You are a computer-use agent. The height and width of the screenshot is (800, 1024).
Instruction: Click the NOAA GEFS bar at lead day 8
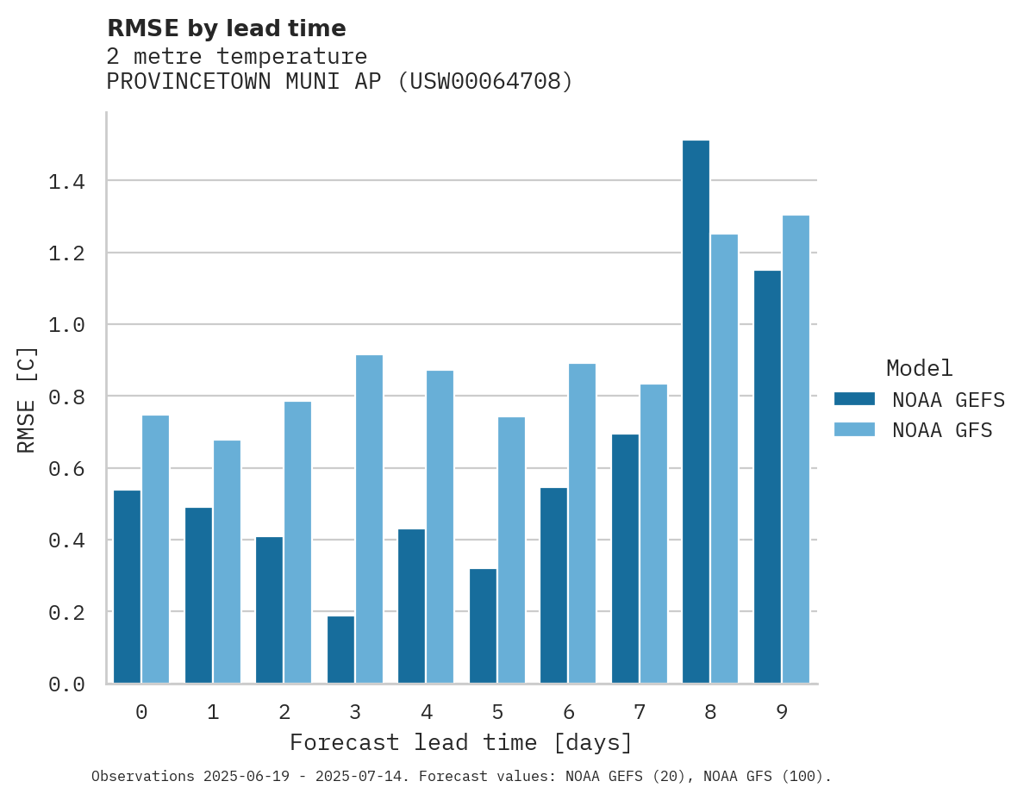click(696, 412)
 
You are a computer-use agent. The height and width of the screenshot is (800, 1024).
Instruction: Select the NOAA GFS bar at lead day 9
click(796, 449)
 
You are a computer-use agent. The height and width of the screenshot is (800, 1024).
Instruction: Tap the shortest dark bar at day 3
click(340, 649)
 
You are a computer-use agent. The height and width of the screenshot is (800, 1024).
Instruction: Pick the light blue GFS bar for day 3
click(369, 519)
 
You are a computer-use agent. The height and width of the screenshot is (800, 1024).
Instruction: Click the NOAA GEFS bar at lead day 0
click(127, 586)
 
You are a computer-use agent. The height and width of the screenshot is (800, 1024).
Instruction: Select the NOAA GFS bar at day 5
click(511, 550)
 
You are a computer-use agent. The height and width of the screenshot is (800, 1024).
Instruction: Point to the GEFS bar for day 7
click(625, 559)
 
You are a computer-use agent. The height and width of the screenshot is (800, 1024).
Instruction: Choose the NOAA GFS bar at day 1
click(227, 561)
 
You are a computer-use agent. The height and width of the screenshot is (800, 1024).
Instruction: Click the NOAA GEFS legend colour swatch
click(854, 399)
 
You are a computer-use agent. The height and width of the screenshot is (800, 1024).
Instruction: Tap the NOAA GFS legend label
click(942, 430)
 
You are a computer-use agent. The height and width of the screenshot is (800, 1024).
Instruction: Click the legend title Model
click(919, 368)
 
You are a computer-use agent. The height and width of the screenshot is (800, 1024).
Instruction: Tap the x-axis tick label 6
click(568, 712)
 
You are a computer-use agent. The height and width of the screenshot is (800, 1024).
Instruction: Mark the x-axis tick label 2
click(284, 712)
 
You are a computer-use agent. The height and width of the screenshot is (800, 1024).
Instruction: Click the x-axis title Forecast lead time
click(461, 742)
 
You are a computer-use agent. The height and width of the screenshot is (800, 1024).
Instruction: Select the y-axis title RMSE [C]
click(28, 398)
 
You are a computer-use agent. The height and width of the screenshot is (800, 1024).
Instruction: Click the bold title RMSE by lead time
click(226, 28)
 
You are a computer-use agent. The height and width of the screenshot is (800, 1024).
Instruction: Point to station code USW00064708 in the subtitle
click(485, 82)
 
